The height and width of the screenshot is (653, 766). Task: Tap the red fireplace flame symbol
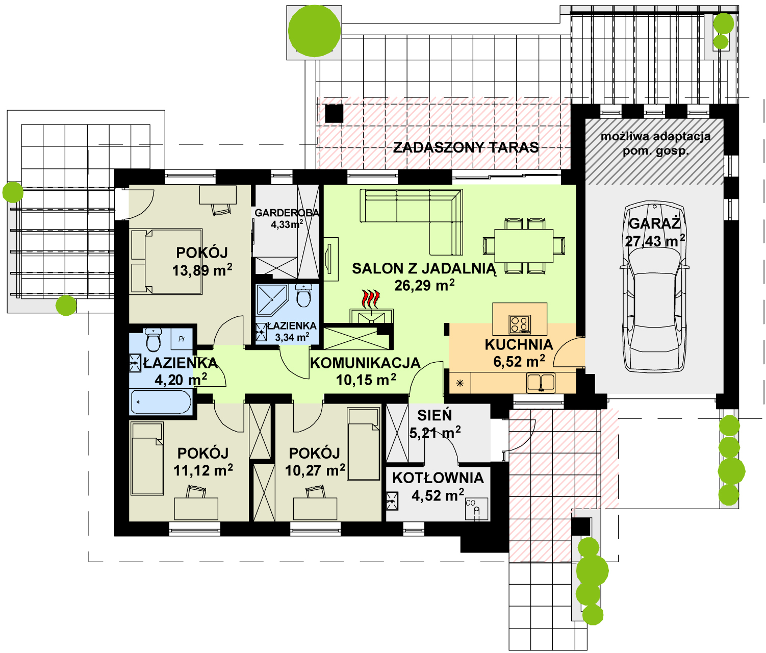click(371, 299)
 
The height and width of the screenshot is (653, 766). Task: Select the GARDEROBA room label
click(287, 213)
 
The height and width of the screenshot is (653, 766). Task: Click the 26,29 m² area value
click(424, 285)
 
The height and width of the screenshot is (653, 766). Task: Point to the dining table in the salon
click(524, 246)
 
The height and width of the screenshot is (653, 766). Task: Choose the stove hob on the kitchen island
click(520, 324)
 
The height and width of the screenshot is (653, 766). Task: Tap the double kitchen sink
click(541, 383)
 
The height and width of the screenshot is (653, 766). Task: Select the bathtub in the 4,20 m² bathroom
click(161, 401)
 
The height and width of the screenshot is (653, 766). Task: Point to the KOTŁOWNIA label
click(438, 478)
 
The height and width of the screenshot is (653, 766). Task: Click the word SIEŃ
click(435, 415)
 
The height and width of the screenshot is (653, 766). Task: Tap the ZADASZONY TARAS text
click(466, 147)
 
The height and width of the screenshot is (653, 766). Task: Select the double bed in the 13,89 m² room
click(166, 261)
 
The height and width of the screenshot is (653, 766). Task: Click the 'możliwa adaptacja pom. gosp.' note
click(655, 143)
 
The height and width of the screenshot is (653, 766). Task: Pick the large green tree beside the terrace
click(314, 31)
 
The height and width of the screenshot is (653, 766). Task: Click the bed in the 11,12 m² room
click(147, 459)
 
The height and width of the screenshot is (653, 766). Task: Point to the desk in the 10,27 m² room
click(315, 509)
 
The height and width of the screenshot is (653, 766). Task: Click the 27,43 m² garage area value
click(655, 241)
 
